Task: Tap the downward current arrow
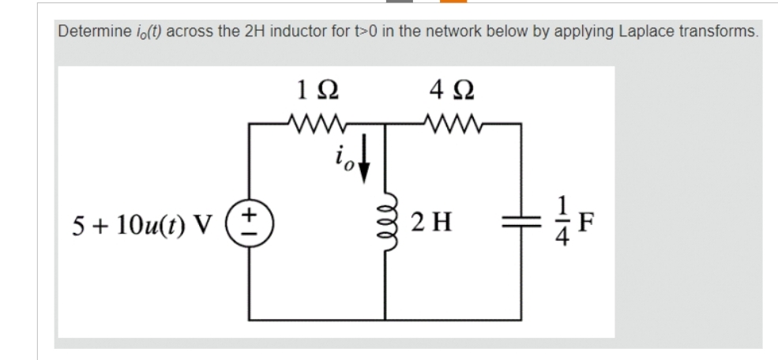point(363,168)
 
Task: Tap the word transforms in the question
point(716,32)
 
